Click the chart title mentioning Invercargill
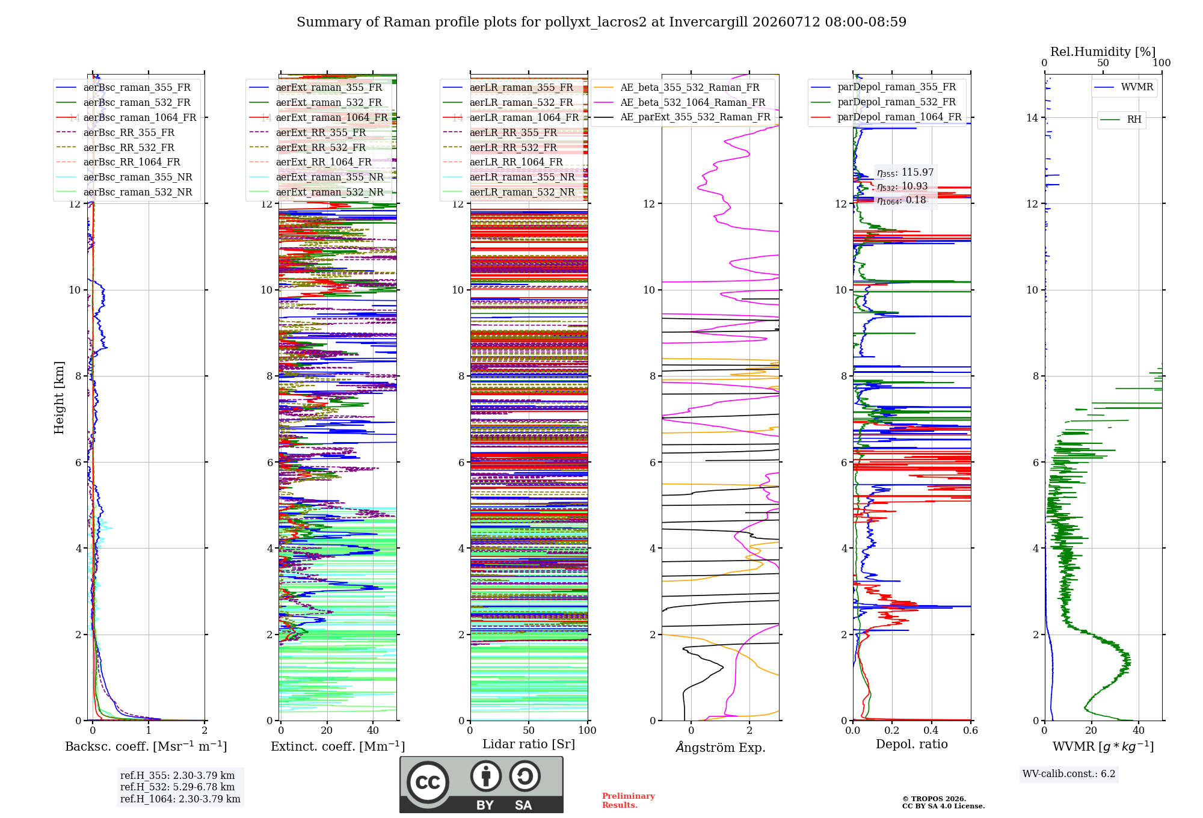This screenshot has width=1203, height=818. coord(601,22)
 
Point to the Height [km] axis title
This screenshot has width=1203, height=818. coord(59,398)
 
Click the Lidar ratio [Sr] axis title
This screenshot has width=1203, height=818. coord(529,745)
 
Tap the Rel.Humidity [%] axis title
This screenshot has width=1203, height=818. coord(1103,52)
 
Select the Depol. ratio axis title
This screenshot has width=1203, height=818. coord(912,745)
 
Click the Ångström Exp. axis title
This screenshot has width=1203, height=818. coord(721,747)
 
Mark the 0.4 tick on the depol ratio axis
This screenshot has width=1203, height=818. coord(931,731)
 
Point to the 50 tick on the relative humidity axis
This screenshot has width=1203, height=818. coord(1103,63)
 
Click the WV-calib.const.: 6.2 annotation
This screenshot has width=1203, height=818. coord(1069,774)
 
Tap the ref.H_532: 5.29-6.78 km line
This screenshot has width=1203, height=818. coord(177,787)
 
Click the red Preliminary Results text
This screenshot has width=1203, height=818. coord(629,801)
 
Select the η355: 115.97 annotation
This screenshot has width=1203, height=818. coord(905,173)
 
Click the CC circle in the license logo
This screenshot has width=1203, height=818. coord(428,783)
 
